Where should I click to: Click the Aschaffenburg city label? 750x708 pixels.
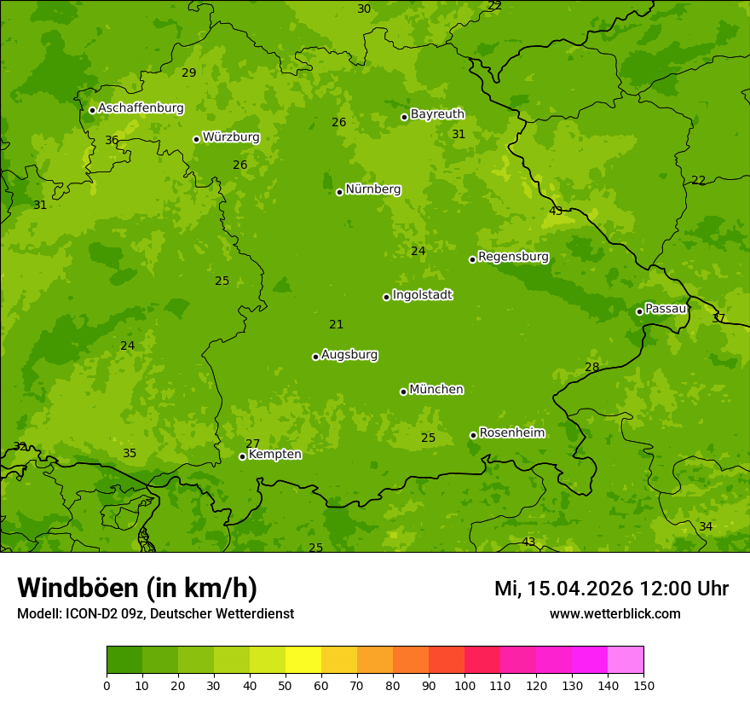(141, 108)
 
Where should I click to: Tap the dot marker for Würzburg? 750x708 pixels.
(196, 139)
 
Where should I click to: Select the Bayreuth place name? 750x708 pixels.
(437, 114)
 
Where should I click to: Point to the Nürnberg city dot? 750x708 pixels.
(339, 192)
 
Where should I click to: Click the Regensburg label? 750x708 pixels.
(513, 257)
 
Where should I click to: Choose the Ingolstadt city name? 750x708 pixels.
(422, 295)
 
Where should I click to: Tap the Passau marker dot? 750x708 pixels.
(639, 311)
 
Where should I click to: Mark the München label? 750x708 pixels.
(436, 390)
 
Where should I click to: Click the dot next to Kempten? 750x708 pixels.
(242, 456)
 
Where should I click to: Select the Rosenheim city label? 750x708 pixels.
(511, 433)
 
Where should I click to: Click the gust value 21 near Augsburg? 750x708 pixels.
(337, 325)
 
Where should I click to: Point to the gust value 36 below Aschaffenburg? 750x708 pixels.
(112, 141)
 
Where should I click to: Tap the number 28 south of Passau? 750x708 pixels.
(591, 368)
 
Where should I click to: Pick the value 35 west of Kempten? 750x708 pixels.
(130, 454)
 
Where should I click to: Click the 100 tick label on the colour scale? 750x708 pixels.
(464, 685)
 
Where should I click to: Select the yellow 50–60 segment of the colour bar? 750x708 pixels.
(303, 660)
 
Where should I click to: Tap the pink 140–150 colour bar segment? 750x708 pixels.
(626, 660)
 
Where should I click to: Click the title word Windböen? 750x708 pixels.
(78, 588)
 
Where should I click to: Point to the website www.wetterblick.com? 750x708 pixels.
(614, 614)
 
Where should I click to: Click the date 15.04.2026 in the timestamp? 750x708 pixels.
(580, 589)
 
